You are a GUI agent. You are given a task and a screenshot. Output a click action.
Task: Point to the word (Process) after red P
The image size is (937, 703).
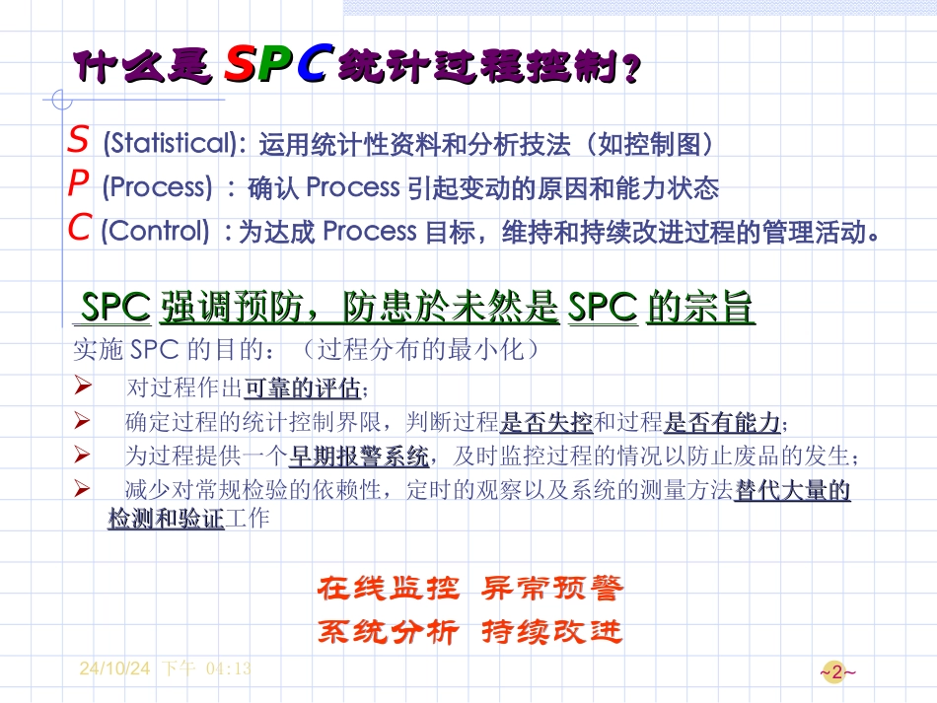point(157,186)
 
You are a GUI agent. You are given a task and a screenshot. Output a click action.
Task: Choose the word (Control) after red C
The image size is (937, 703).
point(156,231)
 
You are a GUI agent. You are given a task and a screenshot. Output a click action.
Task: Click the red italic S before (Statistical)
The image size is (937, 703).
point(78,142)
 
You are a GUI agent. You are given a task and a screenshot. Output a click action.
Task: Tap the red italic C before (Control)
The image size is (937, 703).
point(80,229)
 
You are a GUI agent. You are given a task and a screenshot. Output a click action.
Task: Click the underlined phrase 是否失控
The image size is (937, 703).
point(545,424)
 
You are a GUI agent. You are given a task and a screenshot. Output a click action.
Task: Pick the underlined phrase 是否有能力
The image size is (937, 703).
point(722,424)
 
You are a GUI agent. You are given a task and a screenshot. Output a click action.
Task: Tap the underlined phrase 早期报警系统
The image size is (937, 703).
point(359,457)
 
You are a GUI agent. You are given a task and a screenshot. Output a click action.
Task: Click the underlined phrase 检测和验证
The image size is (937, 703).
point(166,519)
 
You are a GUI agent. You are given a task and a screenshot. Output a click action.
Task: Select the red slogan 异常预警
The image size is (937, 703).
point(552,590)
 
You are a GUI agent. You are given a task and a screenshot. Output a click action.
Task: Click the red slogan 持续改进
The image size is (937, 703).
point(552,631)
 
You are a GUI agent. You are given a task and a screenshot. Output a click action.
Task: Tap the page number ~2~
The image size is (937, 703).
point(837,673)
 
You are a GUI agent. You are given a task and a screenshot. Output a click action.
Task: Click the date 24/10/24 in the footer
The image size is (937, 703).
point(114,668)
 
